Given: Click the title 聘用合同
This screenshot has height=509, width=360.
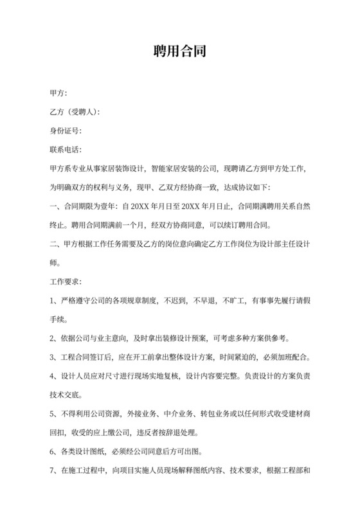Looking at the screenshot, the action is click(179, 51).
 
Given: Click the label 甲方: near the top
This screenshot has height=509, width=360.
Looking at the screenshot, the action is click(59, 93).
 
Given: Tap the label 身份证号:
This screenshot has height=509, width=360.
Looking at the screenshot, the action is click(66, 131).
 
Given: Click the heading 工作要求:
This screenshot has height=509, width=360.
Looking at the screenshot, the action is click(66, 281).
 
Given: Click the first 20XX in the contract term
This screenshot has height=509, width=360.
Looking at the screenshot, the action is click(139, 206).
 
